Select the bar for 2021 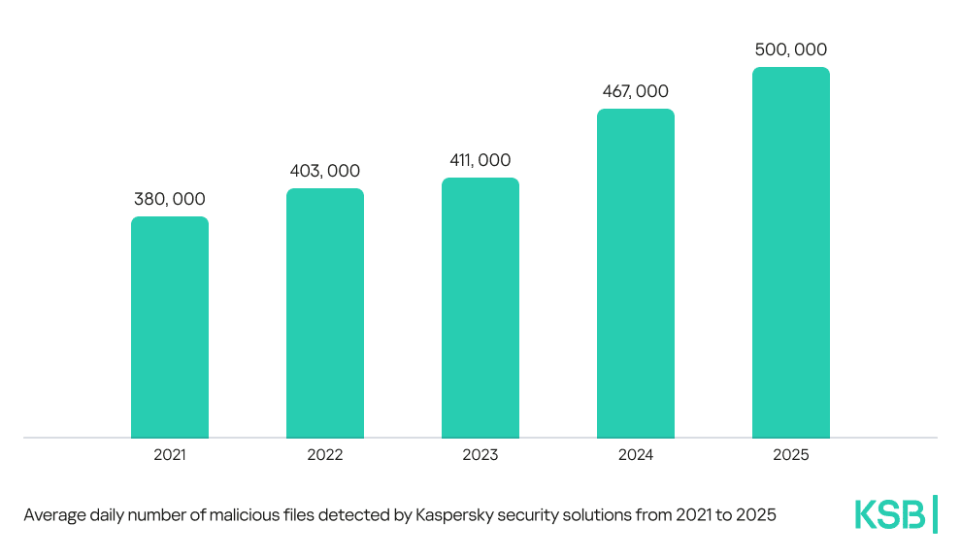click(x=170, y=327)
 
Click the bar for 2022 click(x=325, y=312)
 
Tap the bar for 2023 click(x=480, y=308)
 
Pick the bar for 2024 click(x=636, y=273)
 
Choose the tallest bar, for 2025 click(x=791, y=252)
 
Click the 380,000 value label click(x=170, y=199)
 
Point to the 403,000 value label click(x=325, y=171)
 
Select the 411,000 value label click(x=480, y=160)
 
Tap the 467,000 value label click(x=636, y=91)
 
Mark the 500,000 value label click(x=791, y=49)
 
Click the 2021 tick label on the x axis click(x=170, y=454)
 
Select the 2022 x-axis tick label click(x=325, y=454)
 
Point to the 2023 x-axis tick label click(x=480, y=454)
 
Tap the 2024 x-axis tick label click(x=636, y=454)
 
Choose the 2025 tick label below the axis click(x=791, y=454)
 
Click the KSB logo click(x=889, y=514)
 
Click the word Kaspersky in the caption click(x=454, y=515)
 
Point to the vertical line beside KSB click(x=935, y=513)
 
